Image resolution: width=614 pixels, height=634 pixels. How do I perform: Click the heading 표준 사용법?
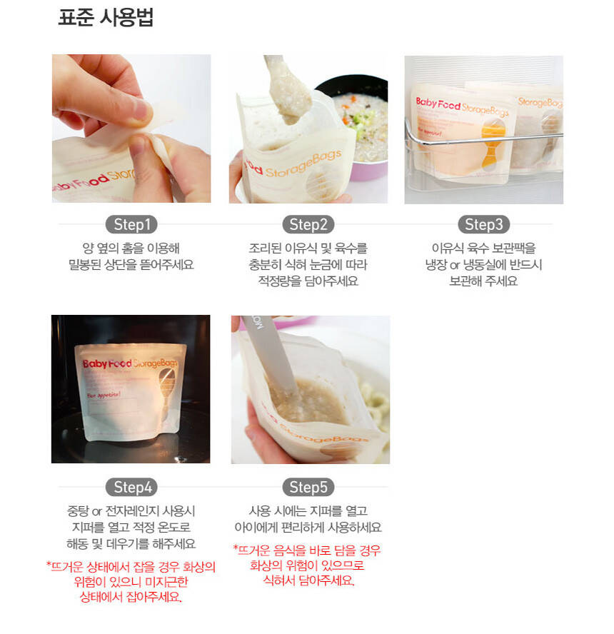pyautogui.click(x=106, y=17)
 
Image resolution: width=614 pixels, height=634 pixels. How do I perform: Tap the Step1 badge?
pyautogui.click(x=131, y=224)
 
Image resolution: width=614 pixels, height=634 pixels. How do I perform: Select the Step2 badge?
pyautogui.click(x=308, y=224)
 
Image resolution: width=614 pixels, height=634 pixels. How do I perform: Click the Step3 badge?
pyautogui.click(x=483, y=224)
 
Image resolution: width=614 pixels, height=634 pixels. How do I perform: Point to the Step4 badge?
pyautogui.click(x=131, y=487)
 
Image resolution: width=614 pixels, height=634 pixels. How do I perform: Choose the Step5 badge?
pyautogui.click(x=308, y=487)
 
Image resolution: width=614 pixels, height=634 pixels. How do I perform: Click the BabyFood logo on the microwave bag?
pyautogui.click(x=106, y=364)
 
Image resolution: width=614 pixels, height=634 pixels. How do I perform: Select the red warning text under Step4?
pyautogui.click(x=131, y=582)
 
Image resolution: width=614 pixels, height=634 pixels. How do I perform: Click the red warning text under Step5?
pyautogui.click(x=307, y=565)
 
